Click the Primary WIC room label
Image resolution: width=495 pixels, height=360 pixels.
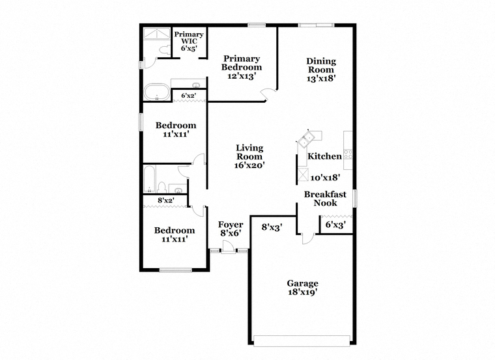pos(189,38)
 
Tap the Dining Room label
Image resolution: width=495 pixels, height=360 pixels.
pos(321,65)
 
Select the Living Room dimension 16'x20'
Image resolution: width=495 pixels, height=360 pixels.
pos(249,165)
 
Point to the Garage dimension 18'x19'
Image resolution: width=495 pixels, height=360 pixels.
pos(302,292)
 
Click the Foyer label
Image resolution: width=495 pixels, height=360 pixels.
pos(231,225)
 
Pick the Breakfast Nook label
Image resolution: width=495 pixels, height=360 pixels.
pos(325,199)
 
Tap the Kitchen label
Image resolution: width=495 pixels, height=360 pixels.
pos(324,156)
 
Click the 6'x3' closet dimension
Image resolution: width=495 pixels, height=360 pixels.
pos(335,225)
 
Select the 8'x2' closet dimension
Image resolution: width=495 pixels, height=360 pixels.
pos(166,200)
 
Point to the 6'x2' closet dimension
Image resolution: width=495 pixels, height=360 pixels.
pos(188,95)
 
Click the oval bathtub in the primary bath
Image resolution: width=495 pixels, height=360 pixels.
pos(156,92)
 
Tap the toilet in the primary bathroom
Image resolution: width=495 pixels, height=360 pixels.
pos(165,50)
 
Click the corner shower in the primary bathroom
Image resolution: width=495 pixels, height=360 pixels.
pos(156,33)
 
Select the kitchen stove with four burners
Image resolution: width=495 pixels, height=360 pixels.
pos(348,154)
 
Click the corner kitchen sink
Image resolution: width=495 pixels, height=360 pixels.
pos(306,140)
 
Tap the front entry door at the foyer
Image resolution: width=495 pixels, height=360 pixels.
pos(228,247)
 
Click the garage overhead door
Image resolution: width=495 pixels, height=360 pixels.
pos(302,340)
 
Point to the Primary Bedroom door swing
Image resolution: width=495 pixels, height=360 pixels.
pos(268,94)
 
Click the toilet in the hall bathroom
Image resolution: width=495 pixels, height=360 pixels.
pos(162,187)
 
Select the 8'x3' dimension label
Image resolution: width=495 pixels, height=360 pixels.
pos(272,227)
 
